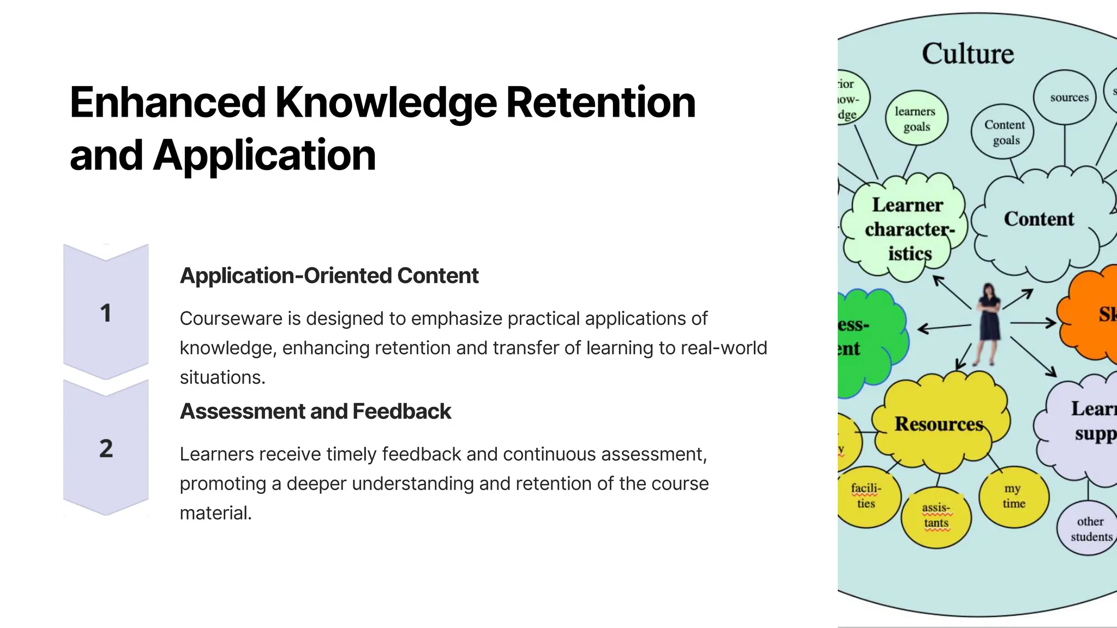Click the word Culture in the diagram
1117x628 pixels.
[968, 54]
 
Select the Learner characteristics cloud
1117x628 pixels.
[908, 230]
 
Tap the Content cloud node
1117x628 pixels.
[1038, 219]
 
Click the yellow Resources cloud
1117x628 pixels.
[939, 424]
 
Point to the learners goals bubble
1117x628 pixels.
[916, 119]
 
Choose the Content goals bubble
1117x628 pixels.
[1004, 132]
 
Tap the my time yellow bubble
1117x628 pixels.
[1013, 496]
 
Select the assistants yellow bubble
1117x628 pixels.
[936, 516]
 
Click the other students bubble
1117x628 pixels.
[1090, 529]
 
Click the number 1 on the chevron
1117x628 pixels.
[106, 313]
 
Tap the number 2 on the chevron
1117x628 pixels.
[106, 448]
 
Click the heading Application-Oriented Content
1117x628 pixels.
[329, 276]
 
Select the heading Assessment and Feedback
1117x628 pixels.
[315, 412]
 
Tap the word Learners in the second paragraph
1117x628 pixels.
[217, 454]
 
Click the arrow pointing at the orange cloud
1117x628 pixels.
[1033, 323]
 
